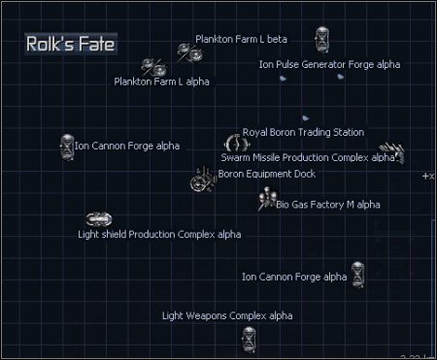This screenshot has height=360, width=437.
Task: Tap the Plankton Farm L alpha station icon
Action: (x=153, y=67)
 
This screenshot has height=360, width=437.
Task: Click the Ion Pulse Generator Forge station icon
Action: (x=322, y=41)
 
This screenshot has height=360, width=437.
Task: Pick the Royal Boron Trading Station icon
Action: (x=231, y=143)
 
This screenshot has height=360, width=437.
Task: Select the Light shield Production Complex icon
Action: (x=93, y=219)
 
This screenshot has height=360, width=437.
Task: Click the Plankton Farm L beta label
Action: (x=241, y=39)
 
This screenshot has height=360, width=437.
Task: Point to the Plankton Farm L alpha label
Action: (x=161, y=82)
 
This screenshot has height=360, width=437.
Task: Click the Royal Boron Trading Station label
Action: (x=303, y=132)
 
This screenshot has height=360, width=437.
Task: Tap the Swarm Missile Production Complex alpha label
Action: (x=308, y=156)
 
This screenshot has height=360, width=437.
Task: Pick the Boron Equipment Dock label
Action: (x=267, y=174)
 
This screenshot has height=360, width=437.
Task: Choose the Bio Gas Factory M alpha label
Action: (x=328, y=204)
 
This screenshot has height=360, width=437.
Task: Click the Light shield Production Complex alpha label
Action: (x=159, y=234)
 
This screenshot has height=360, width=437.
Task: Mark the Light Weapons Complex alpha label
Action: (x=226, y=315)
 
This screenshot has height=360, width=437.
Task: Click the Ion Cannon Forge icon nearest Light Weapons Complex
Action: (x=357, y=275)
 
